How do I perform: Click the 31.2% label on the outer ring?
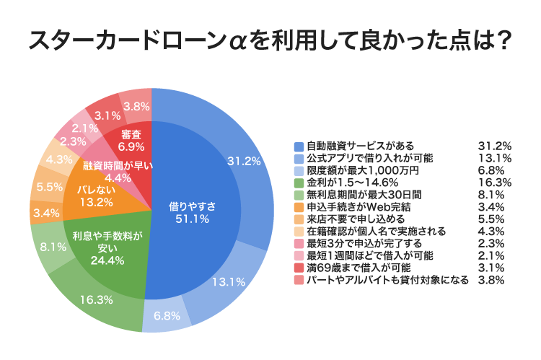[x=244, y=161]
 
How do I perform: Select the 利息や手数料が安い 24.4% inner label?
[x=109, y=247]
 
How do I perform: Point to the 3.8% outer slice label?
[x=136, y=106]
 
